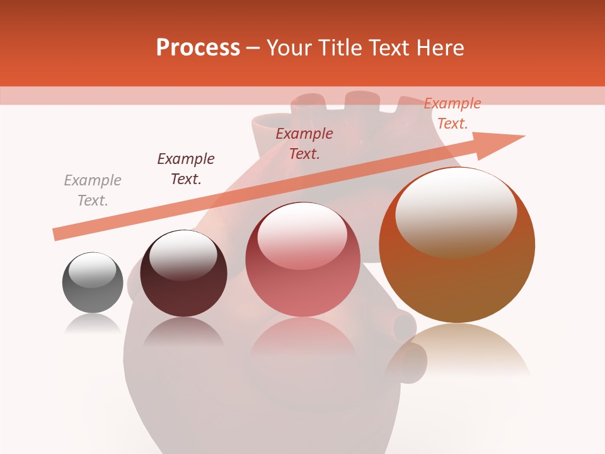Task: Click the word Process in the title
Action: coord(198,48)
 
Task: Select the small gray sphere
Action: coord(93,282)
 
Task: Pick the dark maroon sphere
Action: coord(183,281)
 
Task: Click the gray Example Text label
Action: coord(93,190)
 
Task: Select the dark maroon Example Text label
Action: coord(186,169)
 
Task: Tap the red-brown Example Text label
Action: coord(304,144)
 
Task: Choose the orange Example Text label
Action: coord(452,113)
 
